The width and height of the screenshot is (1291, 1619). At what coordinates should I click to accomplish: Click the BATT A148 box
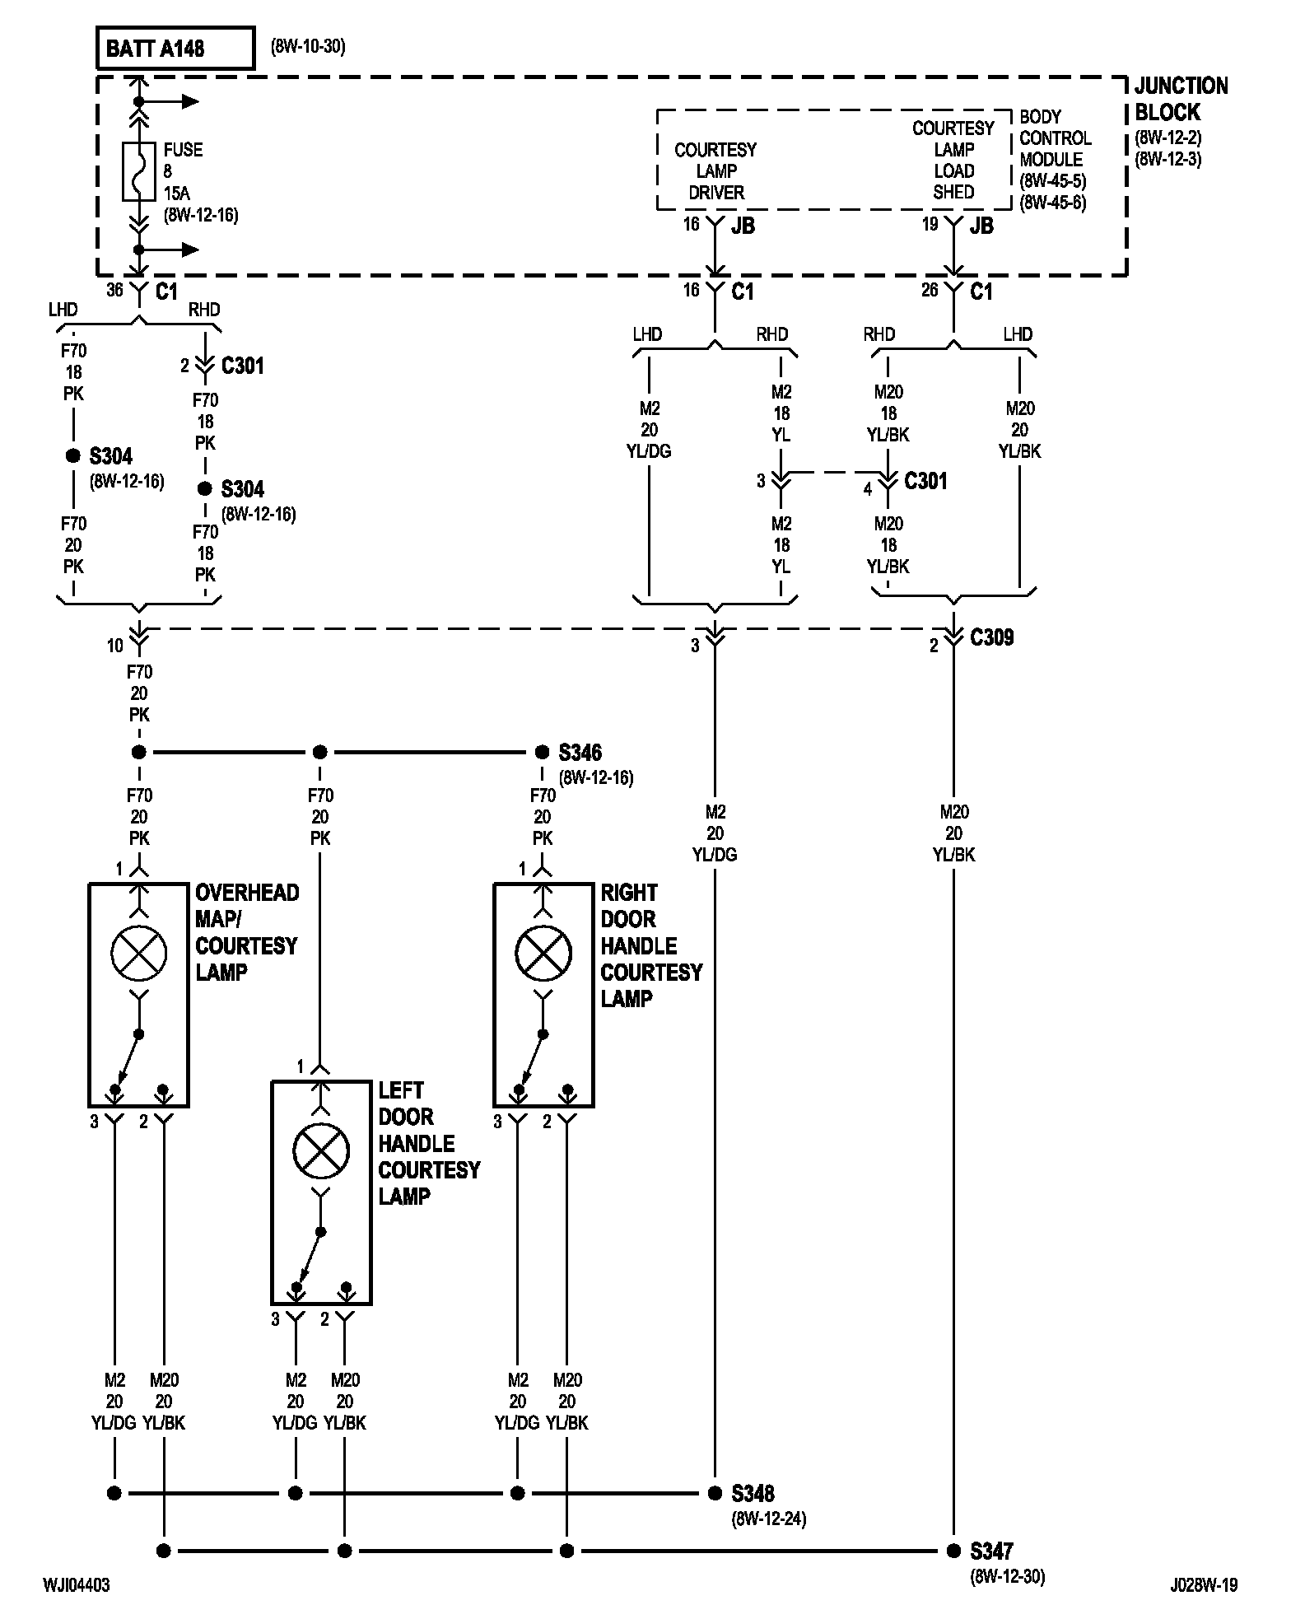click(175, 49)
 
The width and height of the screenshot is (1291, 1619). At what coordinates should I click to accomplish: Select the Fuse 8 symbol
click(138, 171)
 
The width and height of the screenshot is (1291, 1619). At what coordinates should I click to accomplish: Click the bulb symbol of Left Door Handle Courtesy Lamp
click(321, 1150)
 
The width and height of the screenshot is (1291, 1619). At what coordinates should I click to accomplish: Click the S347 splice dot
click(953, 1551)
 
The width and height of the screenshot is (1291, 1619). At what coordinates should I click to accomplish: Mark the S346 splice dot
click(542, 752)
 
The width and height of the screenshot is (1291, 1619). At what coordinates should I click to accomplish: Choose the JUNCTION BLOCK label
click(1181, 99)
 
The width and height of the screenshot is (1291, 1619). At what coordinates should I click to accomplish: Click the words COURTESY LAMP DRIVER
click(715, 171)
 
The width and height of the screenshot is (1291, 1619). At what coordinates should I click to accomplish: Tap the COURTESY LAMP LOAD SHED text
click(953, 161)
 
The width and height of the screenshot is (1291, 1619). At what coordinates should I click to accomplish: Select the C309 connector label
click(992, 637)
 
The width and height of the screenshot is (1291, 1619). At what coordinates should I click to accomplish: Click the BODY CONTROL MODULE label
click(1055, 138)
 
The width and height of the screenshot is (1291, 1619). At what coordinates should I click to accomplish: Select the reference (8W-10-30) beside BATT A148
click(308, 46)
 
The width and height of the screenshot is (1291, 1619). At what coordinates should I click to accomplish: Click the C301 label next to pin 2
click(243, 366)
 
